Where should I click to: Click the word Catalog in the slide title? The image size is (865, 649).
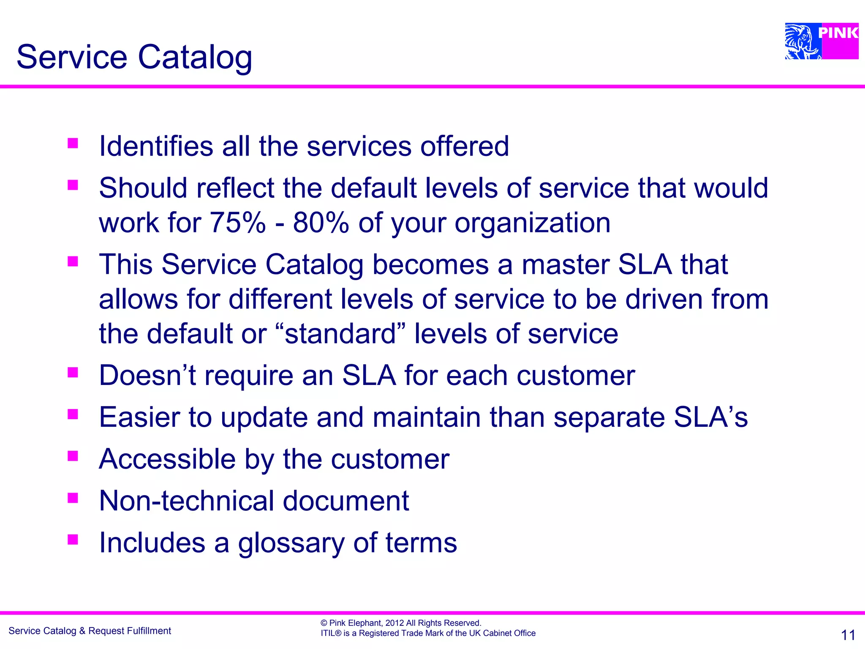click(x=195, y=57)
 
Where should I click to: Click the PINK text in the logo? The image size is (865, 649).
click(x=838, y=33)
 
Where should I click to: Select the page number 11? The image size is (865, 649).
click(x=848, y=635)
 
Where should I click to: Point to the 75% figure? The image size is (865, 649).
click(x=238, y=223)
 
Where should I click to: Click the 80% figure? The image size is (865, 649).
click(x=321, y=223)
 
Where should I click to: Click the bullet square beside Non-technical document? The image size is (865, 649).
click(x=73, y=498)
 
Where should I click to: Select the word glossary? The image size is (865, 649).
click(x=291, y=543)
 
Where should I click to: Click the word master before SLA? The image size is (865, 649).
click(x=565, y=265)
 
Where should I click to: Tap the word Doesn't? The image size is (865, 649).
click(x=147, y=375)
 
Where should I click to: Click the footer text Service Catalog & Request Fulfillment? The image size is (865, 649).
click(x=90, y=631)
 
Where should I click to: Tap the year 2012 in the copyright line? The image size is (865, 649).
click(x=394, y=623)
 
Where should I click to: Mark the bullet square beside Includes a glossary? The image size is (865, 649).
click(x=73, y=540)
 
